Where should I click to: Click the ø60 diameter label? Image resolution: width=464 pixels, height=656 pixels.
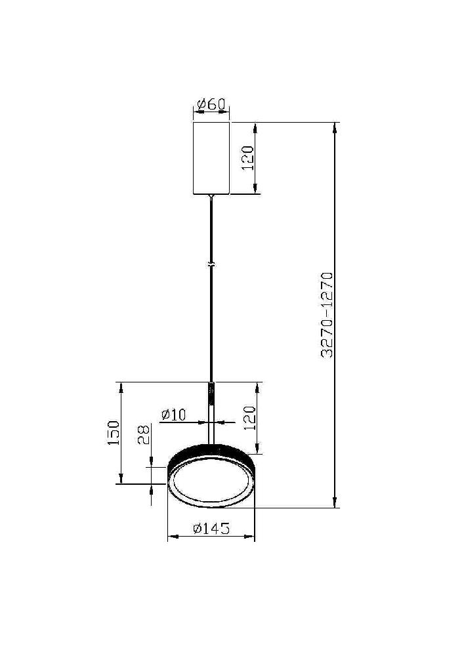(x=211, y=104)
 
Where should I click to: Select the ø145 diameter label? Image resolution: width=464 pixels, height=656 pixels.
(x=211, y=529)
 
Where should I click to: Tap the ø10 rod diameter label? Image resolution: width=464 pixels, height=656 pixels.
(x=174, y=415)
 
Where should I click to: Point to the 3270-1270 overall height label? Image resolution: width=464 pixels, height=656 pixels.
(x=327, y=315)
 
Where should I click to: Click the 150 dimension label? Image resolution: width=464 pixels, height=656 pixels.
(x=114, y=432)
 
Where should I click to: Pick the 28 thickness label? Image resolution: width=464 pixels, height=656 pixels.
(x=144, y=434)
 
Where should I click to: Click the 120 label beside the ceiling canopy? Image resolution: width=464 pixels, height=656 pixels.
(x=248, y=157)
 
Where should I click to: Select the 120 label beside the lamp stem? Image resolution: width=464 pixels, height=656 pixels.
(x=249, y=418)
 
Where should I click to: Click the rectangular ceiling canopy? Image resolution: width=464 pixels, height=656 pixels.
(x=211, y=158)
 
